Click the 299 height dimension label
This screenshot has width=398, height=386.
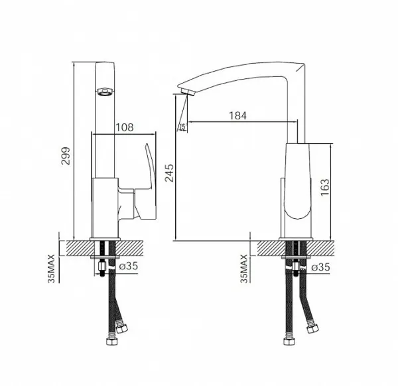click(66, 156)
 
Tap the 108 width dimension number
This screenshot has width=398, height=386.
click(125, 127)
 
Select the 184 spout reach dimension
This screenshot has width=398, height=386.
click(238, 115)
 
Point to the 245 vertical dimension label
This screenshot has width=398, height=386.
click(169, 173)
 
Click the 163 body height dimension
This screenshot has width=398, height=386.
click(324, 187)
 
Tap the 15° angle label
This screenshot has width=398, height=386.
click(183, 127)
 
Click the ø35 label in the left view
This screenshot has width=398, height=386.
click(129, 266)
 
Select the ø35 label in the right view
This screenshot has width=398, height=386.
click(320, 267)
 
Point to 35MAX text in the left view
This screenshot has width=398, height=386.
click(51, 269)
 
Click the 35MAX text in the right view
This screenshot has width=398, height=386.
click(243, 269)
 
